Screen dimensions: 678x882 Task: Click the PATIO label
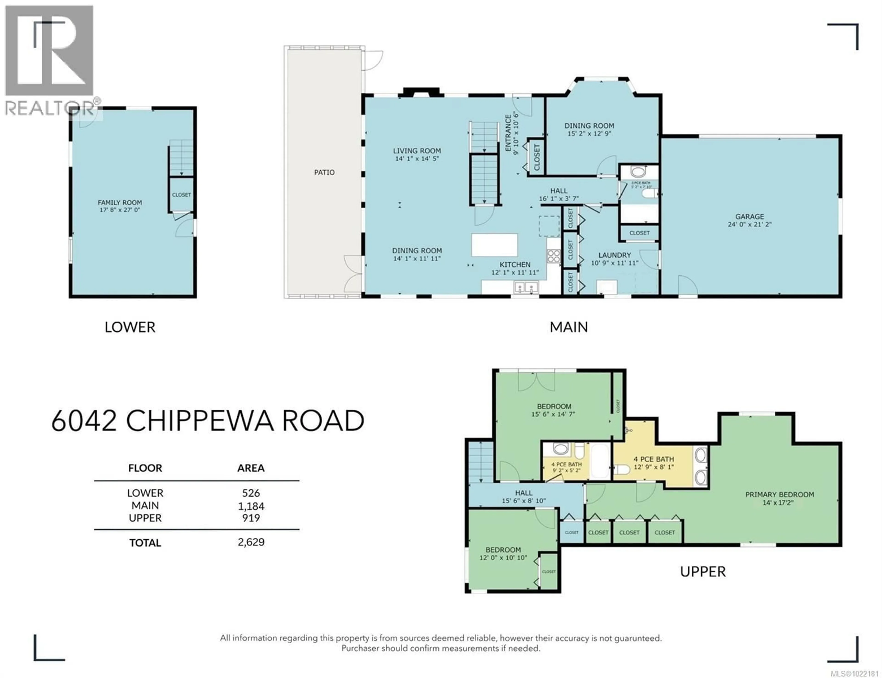[x=324, y=172]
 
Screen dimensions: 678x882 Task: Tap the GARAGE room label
[x=749, y=217]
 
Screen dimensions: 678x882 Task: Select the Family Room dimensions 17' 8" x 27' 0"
[x=120, y=210]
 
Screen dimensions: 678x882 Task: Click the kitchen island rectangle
[x=495, y=245]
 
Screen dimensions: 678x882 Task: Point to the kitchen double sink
[x=526, y=287]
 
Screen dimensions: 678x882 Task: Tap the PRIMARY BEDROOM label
[x=779, y=494]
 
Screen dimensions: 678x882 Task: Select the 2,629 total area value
[x=251, y=542]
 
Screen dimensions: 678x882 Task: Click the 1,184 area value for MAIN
[x=251, y=506]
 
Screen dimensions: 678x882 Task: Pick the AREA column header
[x=251, y=468]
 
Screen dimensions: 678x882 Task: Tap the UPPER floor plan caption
[x=703, y=571]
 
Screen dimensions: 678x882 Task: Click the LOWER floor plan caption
[x=130, y=327]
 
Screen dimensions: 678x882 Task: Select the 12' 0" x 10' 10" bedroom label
[x=503, y=558]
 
